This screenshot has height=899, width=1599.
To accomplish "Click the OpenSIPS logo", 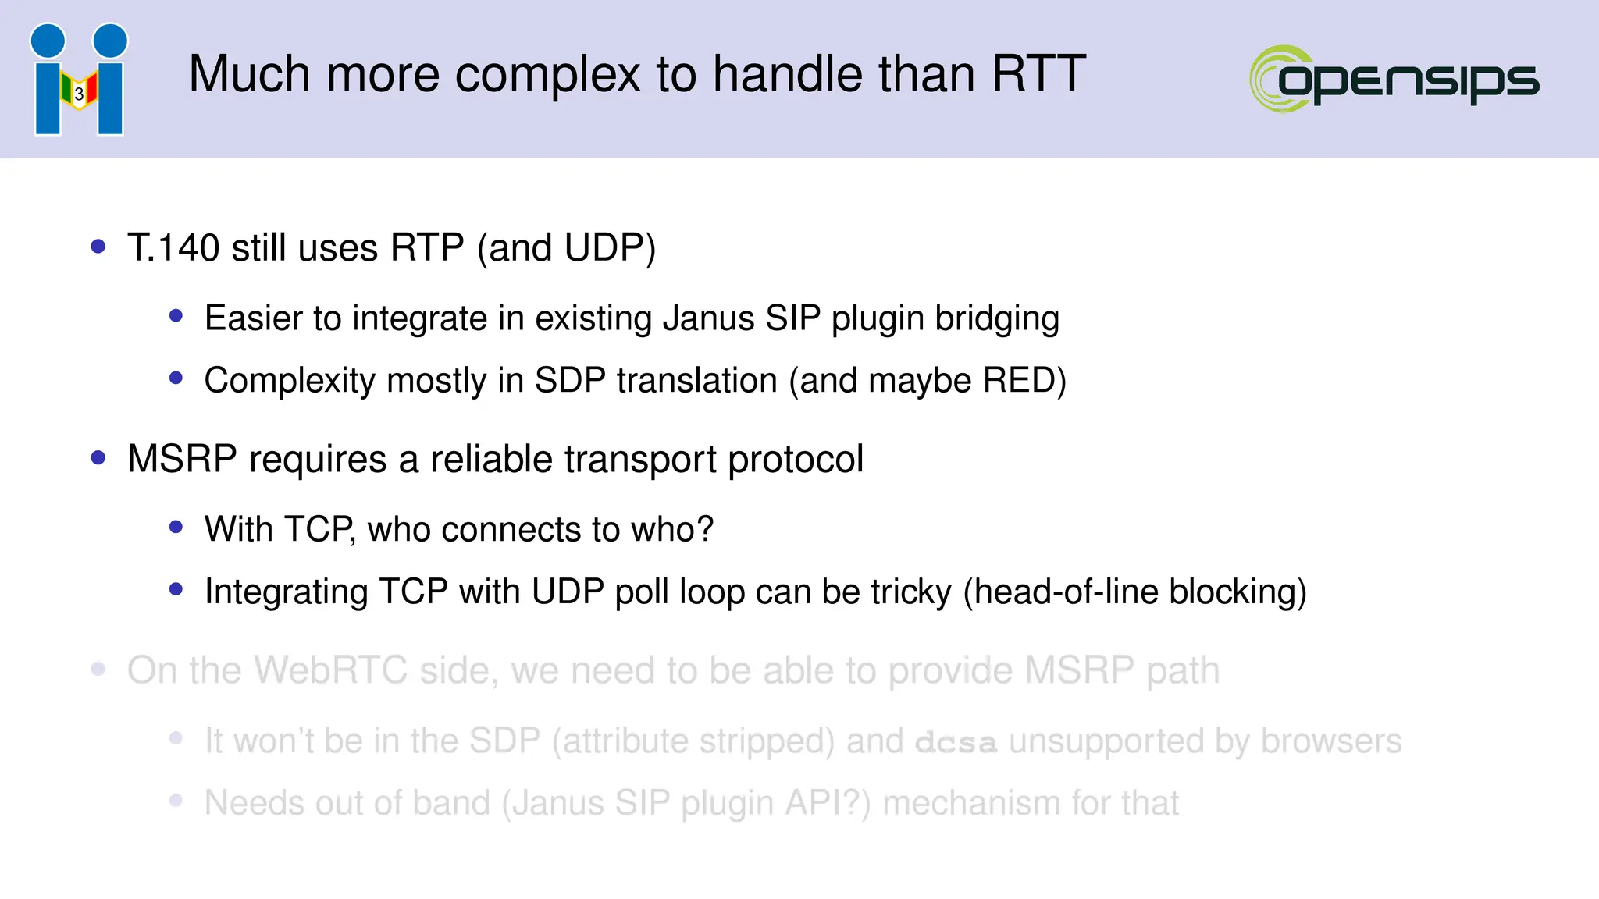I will point(1394,79).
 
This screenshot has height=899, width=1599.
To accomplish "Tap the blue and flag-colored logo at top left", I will point(79,80).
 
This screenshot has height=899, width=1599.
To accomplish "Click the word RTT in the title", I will point(1038,74).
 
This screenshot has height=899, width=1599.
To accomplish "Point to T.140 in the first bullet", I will point(173,248).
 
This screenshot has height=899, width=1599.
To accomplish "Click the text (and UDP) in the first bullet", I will point(566,248).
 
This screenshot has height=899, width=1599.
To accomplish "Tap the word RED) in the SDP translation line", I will point(1024,381).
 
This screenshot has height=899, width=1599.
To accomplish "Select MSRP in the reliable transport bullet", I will point(182,459).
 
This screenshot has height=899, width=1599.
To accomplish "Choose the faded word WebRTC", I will point(331,670).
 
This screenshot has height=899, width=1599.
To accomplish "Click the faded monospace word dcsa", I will point(956,742).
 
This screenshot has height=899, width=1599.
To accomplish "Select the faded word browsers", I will point(1331,741).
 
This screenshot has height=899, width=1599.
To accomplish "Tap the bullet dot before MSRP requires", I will point(98,458).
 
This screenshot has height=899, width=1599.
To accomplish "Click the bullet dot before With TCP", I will point(176,528).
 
